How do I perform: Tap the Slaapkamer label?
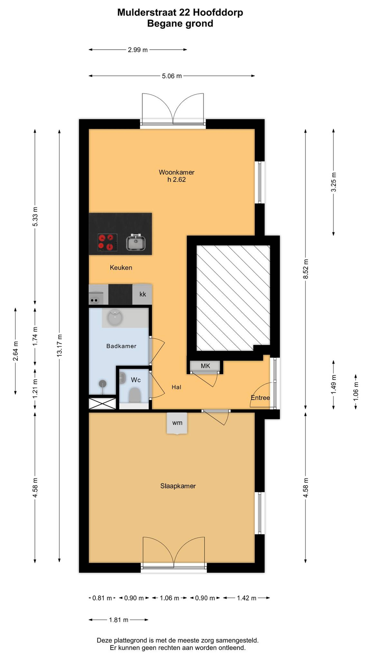click(178, 486)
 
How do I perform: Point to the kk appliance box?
click(142, 294)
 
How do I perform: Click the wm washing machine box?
click(177, 423)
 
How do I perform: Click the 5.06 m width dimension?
click(172, 76)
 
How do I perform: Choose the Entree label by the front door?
click(260, 398)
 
